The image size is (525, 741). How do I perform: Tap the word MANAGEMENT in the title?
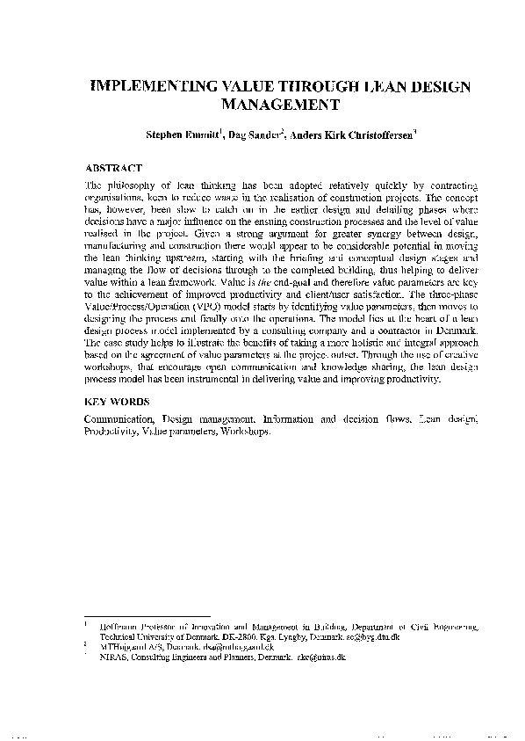coord(280,105)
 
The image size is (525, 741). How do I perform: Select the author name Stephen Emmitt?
coord(183,136)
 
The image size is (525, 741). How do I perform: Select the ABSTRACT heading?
coord(113,166)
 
